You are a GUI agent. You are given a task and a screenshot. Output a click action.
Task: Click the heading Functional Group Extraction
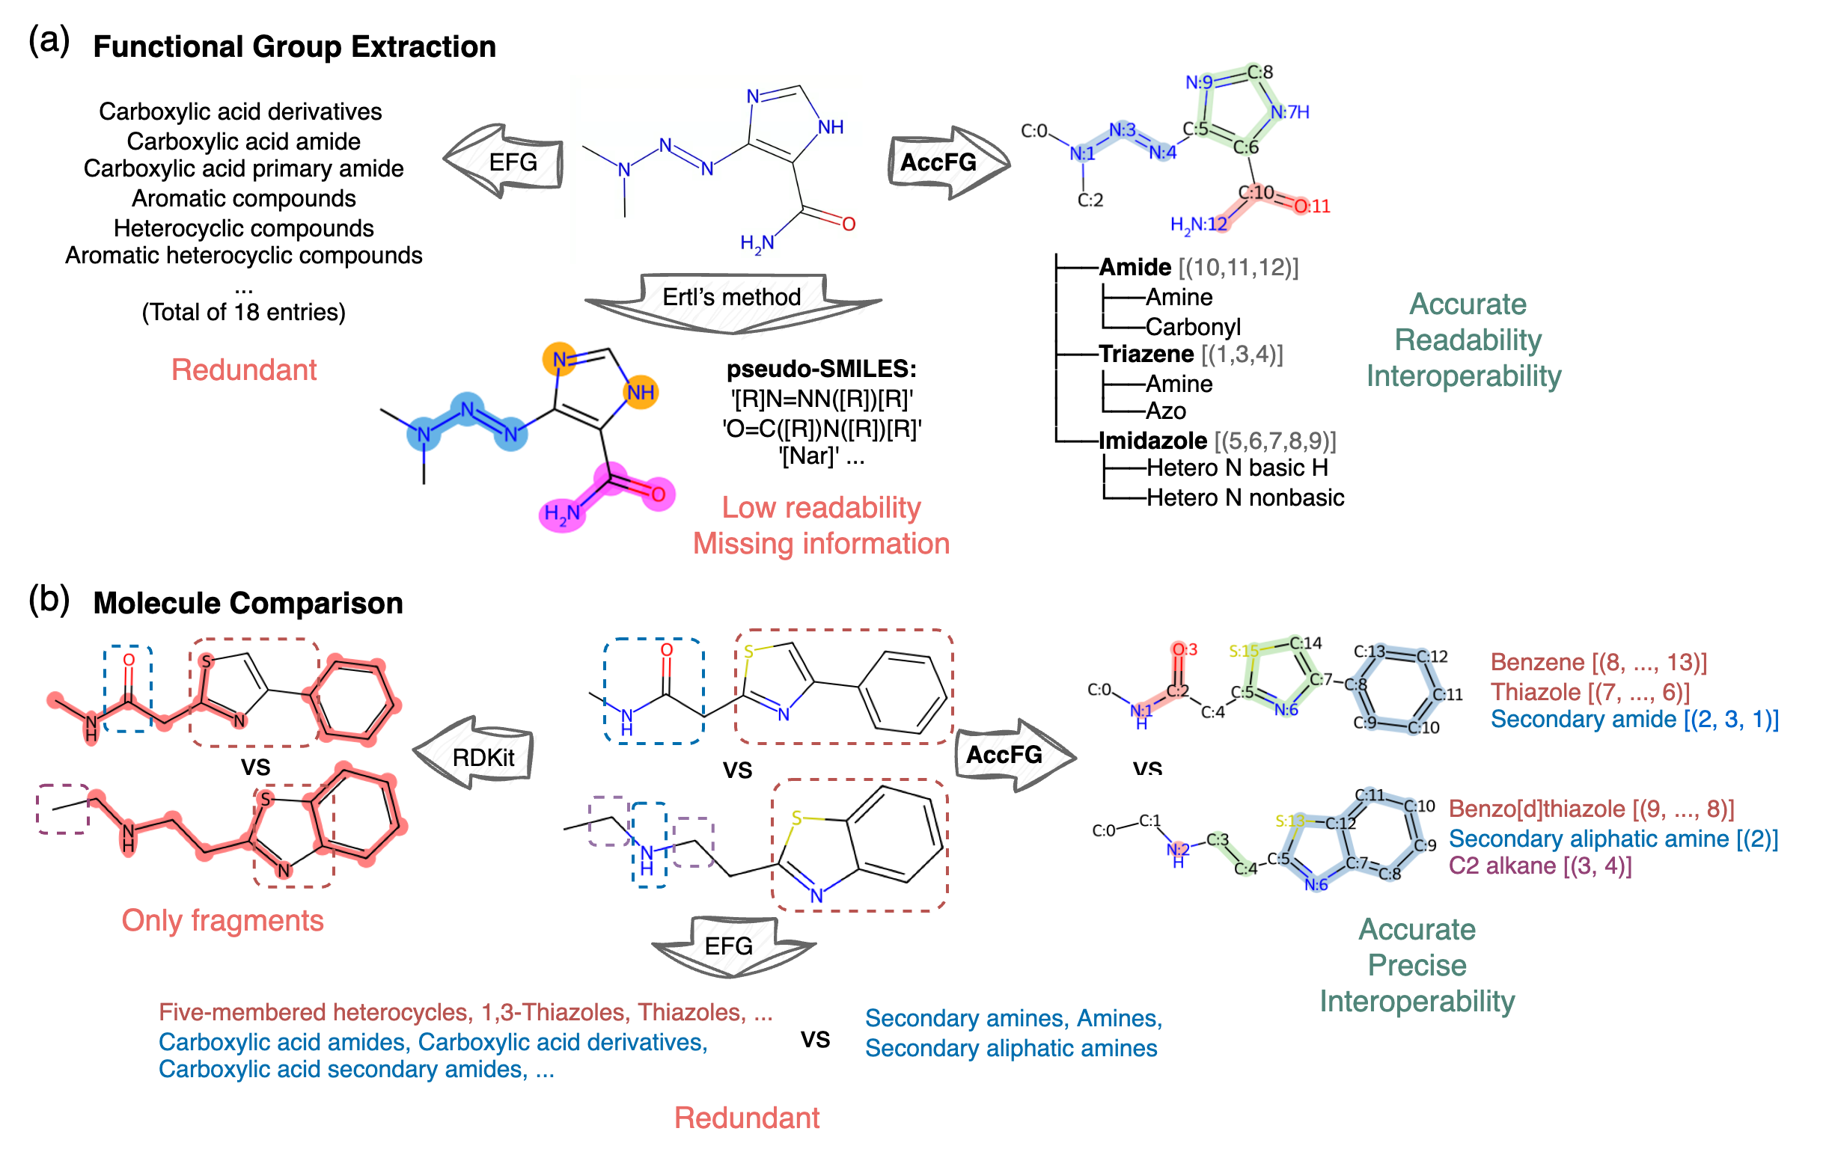pos(294,47)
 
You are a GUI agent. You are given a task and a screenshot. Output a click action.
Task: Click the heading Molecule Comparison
pos(248,604)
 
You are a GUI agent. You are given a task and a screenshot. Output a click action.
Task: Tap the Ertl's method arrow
pos(731,298)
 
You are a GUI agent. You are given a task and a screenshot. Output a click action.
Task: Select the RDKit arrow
pos(477,756)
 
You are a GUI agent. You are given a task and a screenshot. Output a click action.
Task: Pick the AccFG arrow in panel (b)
pos(1010,755)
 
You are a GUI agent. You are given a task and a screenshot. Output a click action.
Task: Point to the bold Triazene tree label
pos(1146,355)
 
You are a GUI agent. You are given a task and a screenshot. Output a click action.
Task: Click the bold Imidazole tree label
pos(1152,441)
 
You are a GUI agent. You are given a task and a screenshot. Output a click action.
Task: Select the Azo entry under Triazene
pos(1165,411)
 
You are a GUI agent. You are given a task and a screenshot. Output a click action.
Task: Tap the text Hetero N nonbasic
pos(1245,498)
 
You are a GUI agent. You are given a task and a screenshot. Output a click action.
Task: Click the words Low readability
pos(820,508)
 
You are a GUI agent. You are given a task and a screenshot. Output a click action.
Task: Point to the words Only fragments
pos(222,920)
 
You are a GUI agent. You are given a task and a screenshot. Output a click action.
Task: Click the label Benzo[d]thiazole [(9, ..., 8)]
pos(1591,809)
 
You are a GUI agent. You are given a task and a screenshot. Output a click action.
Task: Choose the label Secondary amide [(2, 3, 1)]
pos(1634,720)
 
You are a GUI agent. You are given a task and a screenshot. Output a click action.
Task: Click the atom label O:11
pos(1312,206)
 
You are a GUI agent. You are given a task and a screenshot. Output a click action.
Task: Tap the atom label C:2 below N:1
pos(1090,200)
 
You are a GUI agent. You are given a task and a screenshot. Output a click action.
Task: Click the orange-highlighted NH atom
pos(641,393)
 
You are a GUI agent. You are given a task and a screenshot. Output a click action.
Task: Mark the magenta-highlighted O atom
pos(658,494)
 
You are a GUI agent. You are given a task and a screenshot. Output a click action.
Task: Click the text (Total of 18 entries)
pos(243,313)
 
